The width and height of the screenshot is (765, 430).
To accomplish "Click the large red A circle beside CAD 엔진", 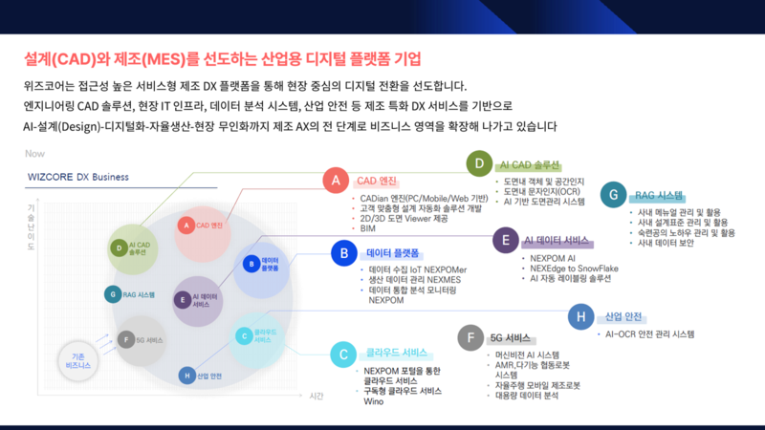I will coord(335,179).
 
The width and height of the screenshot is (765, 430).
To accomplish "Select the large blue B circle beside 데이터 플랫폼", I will coord(343,253).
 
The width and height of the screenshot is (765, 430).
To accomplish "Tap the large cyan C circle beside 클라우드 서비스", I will coord(343,355).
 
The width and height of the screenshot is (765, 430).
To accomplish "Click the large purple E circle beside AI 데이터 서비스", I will coord(504,240).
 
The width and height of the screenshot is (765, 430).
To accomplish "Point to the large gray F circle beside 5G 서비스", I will coord(470,337).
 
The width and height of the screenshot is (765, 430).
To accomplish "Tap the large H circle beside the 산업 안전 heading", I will coord(580,316).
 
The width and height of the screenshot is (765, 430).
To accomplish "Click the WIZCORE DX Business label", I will coord(77,177).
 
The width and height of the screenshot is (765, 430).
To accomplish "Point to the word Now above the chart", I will coord(35,153).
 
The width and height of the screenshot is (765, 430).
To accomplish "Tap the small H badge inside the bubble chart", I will coord(186,376).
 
